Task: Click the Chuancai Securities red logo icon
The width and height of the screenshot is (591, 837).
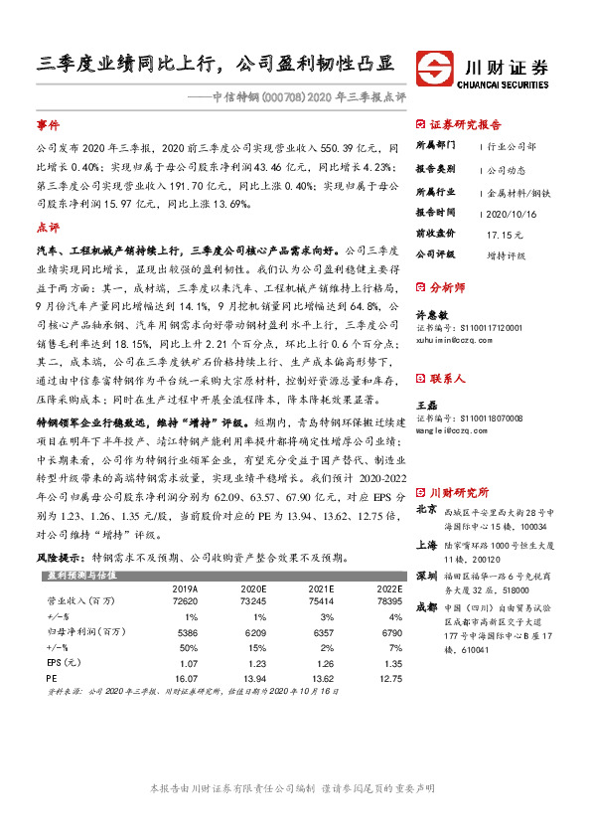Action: pos(432,68)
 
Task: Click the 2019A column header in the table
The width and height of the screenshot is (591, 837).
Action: pos(185,587)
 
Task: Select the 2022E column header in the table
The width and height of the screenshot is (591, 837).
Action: pos(362,587)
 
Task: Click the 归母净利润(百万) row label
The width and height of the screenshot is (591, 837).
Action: pos(80,630)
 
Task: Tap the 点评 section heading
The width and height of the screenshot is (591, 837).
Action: pos(48,227)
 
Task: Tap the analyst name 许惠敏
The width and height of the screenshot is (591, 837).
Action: pos(430,313)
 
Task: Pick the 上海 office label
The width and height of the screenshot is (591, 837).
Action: pos(426,544)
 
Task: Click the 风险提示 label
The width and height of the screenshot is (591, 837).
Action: pos(61,559)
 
